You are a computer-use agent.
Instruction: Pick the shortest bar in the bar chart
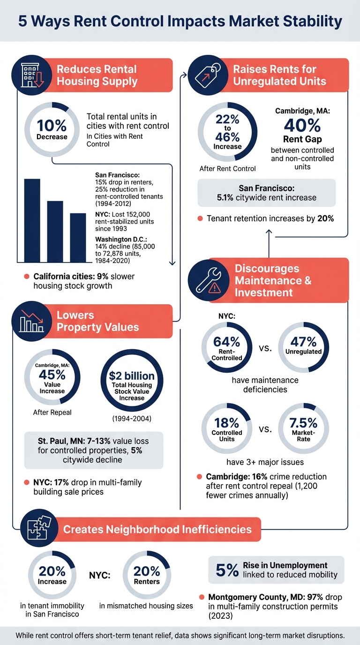tap(78, 238)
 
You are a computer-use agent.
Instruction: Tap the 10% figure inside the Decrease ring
tap(52, 126)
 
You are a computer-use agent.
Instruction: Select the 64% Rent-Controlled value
tap(227, 342)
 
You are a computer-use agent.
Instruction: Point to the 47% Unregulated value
tap(303, 342)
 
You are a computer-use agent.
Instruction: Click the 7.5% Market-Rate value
tap(303, 423)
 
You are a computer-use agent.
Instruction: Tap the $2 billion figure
tap(132, 375)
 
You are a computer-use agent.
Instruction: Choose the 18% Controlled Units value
tap(227, 423)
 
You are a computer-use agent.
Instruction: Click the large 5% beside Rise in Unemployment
tap(227, 570)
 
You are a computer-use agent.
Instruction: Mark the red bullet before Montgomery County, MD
tap(202, 597)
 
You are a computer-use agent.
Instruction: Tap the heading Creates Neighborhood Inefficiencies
tap(157, 530)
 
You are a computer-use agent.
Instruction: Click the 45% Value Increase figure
tap(52, 375)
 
